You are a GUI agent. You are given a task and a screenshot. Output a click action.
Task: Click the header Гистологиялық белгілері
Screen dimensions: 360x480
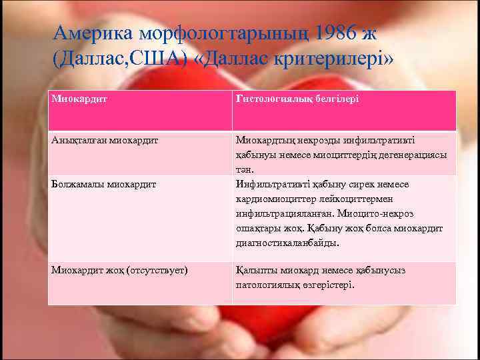297,99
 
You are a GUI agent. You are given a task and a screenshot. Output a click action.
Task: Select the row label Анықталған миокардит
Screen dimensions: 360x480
97,141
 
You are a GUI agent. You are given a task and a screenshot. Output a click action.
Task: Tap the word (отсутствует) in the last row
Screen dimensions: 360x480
157,271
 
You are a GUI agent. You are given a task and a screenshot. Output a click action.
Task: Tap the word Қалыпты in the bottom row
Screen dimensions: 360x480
254,271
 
